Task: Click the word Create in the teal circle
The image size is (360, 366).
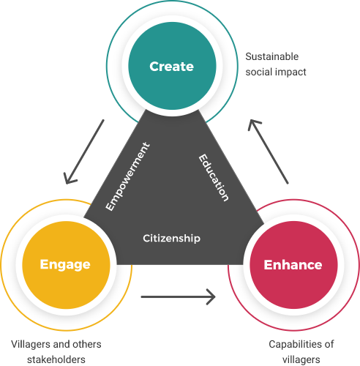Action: click(x=172, y=67)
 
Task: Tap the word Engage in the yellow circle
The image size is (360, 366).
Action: click(x=65, y=265)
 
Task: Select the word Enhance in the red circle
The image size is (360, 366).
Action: click(x=293, y=265)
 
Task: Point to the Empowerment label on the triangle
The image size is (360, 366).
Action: click(x=127, y=176)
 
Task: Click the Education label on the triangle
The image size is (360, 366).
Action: click(x=214, y=178)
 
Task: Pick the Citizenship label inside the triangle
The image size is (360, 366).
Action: click(x=172, y=239)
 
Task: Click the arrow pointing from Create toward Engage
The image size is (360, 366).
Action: click(x=83, y=152)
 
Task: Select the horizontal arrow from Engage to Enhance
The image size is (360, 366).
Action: click(x=179, y=296)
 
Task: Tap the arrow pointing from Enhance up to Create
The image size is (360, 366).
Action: click(x=269, y=152)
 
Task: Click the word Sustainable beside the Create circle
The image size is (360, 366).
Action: click(x=272, y=56)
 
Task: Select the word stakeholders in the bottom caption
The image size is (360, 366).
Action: click(x=56, y=359)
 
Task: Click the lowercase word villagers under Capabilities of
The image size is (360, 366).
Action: click(x=301, y=360)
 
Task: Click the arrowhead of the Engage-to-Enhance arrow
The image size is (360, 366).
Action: click(x=211, y=296)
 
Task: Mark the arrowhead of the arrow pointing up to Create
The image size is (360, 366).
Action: click(x=253, y=124)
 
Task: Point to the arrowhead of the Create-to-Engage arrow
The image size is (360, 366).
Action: click(x=69, y=179)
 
